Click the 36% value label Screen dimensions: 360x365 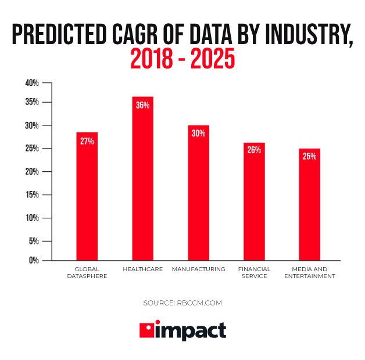(143, 105)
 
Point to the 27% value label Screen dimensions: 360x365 (87, 141)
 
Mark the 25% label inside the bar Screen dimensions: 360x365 (309, 156)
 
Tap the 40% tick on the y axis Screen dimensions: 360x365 (32, 83)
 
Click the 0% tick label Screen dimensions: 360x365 (34, 260)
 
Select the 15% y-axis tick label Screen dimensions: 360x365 (32, 195)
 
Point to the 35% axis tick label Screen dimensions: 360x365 (32, 102)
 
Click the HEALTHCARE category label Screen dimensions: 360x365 (143, 269)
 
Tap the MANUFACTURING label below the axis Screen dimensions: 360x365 (198, 269)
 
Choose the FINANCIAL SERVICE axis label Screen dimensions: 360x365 (254, 273)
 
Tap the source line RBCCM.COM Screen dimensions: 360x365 (182, 303)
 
